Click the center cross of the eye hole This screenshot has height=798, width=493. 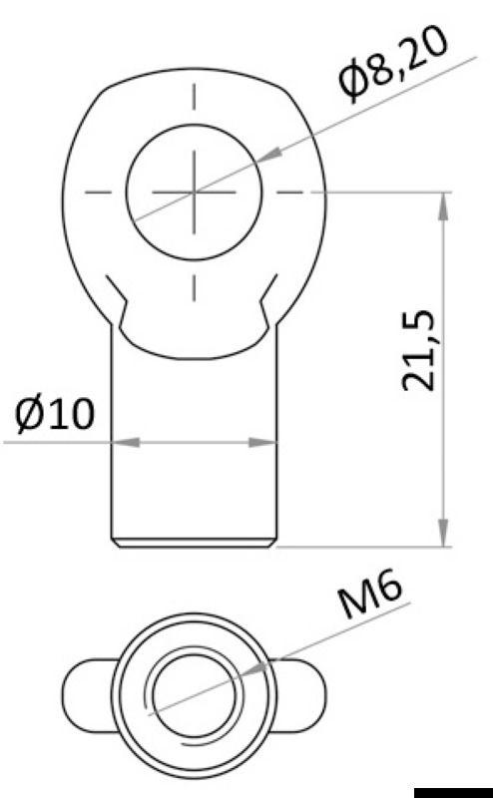click(195, 190)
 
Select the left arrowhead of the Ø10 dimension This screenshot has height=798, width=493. click(121, 441)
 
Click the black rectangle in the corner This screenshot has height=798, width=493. click(453, 792)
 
